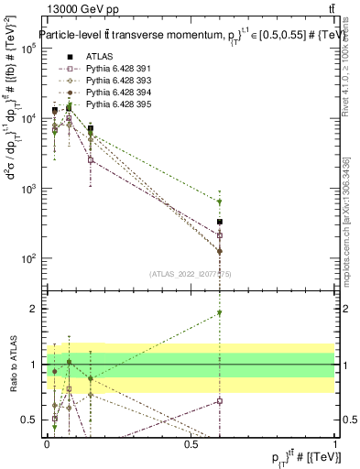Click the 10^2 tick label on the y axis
(27, 258)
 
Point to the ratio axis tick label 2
(33, 309)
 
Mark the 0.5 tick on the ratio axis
(29, 420)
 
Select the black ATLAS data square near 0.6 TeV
(220, 222)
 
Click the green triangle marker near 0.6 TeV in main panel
(220, 202)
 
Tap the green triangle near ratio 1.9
(220, 313)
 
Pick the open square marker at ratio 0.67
(220, 401)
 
